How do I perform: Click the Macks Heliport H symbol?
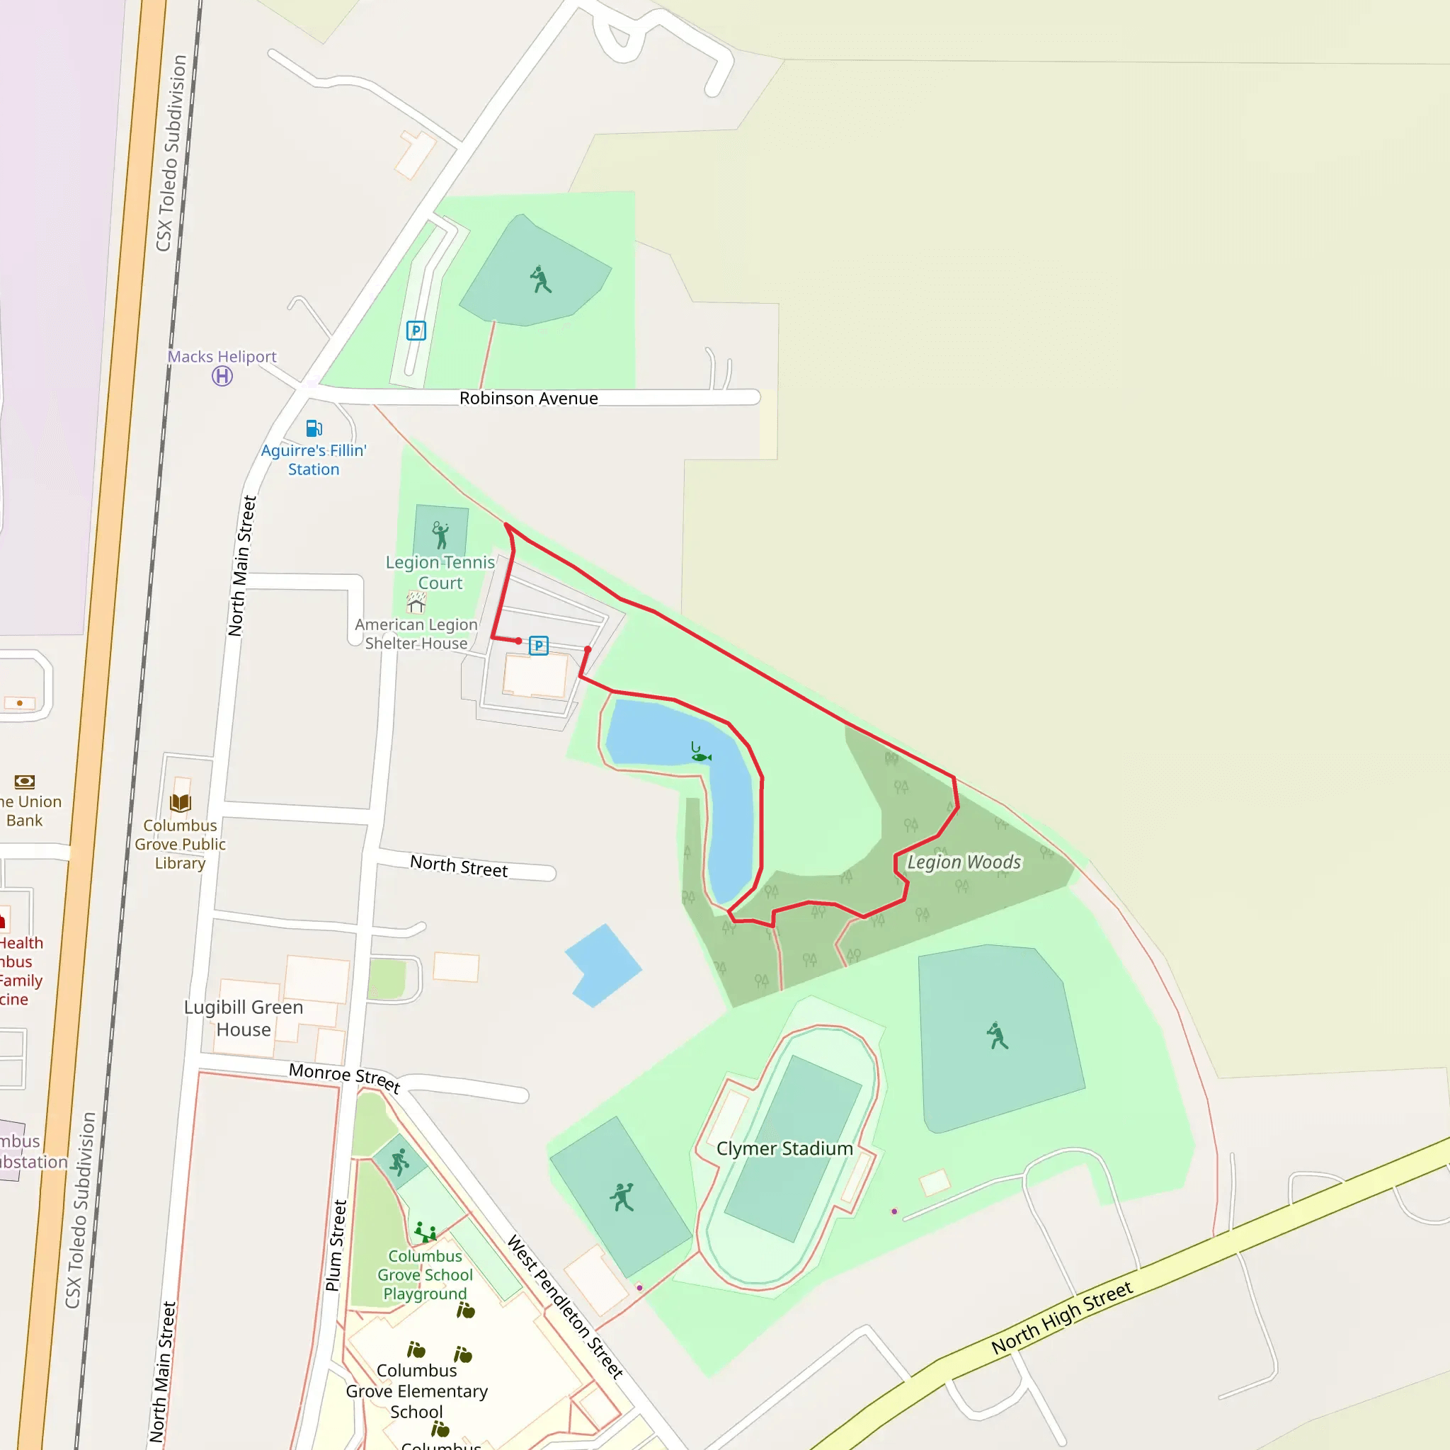tap(222, 376)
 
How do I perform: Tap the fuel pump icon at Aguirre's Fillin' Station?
tap(314, 428)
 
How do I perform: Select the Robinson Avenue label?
tap(528, 399)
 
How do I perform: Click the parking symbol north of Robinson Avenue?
tap(416, 330)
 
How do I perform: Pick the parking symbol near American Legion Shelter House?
tap(538, 646)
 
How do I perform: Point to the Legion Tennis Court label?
tap(440, 573)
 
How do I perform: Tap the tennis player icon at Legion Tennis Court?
tap(440, 535)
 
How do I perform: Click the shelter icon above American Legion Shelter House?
tap(416, 602)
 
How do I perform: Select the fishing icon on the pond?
tap(700, 753)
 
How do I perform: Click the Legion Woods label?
tap(964, 862)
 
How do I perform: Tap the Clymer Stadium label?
tap(784, 1148)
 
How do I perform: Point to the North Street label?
tap(459, 866)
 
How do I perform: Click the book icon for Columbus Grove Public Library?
tap(180, 803)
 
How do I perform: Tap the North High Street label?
tap(1061, 1318)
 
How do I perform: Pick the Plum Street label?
tap(336, 1246)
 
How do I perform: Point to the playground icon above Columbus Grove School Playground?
tap(426, 1232)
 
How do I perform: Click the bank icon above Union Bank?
tap(25, 782)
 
